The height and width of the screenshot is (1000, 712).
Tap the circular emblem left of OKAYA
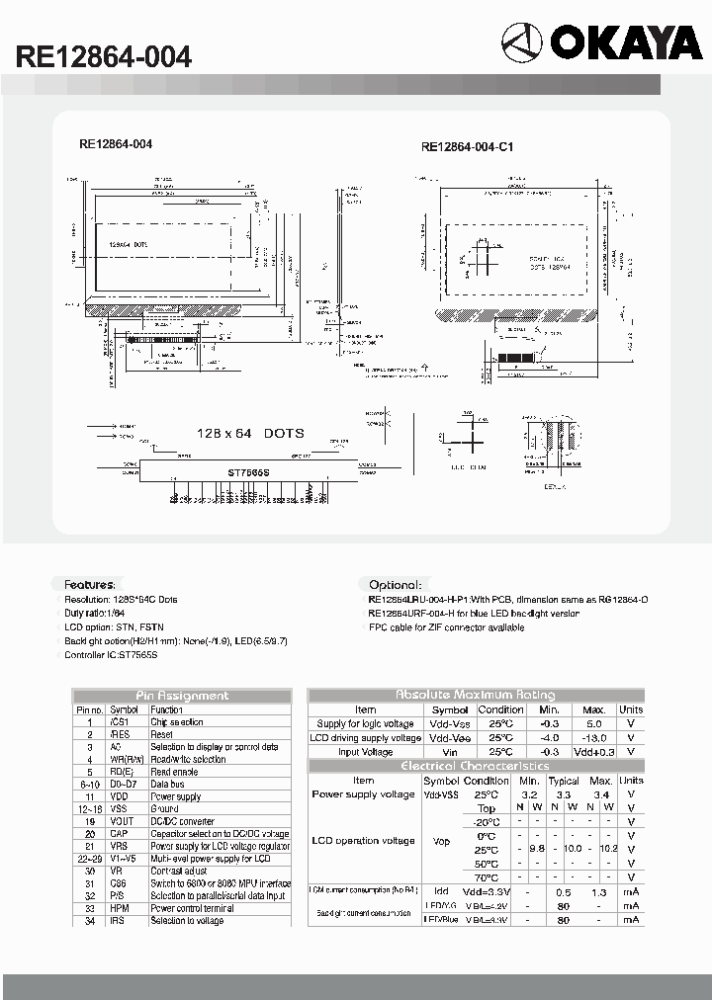point(521,43)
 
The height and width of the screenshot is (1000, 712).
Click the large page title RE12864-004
point(103,56)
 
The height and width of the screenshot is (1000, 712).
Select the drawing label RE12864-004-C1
point(467,147)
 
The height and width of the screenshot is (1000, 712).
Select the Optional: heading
point(395,585)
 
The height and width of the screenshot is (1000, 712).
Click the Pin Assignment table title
point(181,696)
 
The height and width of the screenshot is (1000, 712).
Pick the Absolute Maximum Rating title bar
point(476,695)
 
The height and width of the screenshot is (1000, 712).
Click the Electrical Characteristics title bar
point(476,766)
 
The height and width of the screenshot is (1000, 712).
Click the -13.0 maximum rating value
point(593,738)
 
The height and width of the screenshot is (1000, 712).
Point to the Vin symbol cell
point(450,752)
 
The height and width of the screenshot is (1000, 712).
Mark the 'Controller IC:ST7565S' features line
point(111,654)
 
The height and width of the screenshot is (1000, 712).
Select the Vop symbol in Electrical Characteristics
point(442,842)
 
